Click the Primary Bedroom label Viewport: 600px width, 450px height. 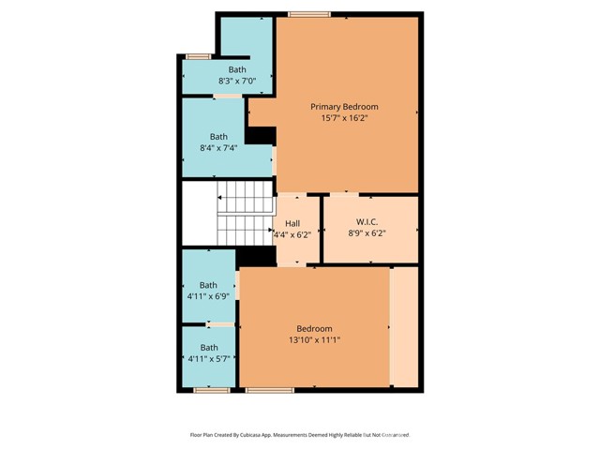coord(344,107)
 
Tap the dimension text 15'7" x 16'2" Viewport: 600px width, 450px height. coord(344,118)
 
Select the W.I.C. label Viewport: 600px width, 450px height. coord(367,222)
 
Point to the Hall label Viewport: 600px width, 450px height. coord(292,223)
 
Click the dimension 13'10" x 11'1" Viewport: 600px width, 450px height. coord(315,339)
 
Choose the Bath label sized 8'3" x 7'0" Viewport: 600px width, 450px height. coord(237,69)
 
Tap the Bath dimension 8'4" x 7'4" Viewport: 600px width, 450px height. coord(218,148)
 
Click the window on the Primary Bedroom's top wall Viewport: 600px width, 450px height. coord(309,15)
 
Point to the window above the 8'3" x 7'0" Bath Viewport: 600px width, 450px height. coord(198,56)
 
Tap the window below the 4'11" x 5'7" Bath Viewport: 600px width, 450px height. coord(212,390)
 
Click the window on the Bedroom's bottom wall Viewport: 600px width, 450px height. coord(270,390)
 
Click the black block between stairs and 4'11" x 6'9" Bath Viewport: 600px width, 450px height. coord(256,256)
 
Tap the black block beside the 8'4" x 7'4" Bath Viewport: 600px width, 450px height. coord(261,136)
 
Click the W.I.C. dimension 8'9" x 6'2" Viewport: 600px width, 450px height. coord(367,233)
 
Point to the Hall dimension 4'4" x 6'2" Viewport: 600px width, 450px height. coord(292,234)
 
